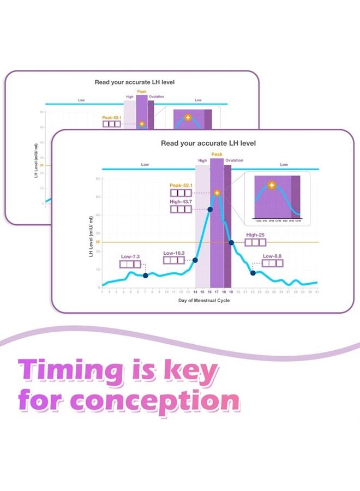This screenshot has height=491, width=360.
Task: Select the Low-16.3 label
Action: (174, 253)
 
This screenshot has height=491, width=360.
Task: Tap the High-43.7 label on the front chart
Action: (181, 201)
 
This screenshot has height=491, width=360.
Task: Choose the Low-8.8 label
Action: (273, 255)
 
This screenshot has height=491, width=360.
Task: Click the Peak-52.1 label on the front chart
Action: (181, 185)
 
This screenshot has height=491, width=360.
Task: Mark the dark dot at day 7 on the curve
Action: (145, 276)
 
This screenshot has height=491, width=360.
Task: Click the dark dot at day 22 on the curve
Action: (253, 273)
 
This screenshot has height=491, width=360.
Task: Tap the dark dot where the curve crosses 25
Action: (231, 242)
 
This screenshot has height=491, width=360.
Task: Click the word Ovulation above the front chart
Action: (235, 160)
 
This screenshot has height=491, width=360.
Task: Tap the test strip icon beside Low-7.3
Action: (130, 265)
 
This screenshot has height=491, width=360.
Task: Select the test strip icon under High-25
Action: (255, 243)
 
